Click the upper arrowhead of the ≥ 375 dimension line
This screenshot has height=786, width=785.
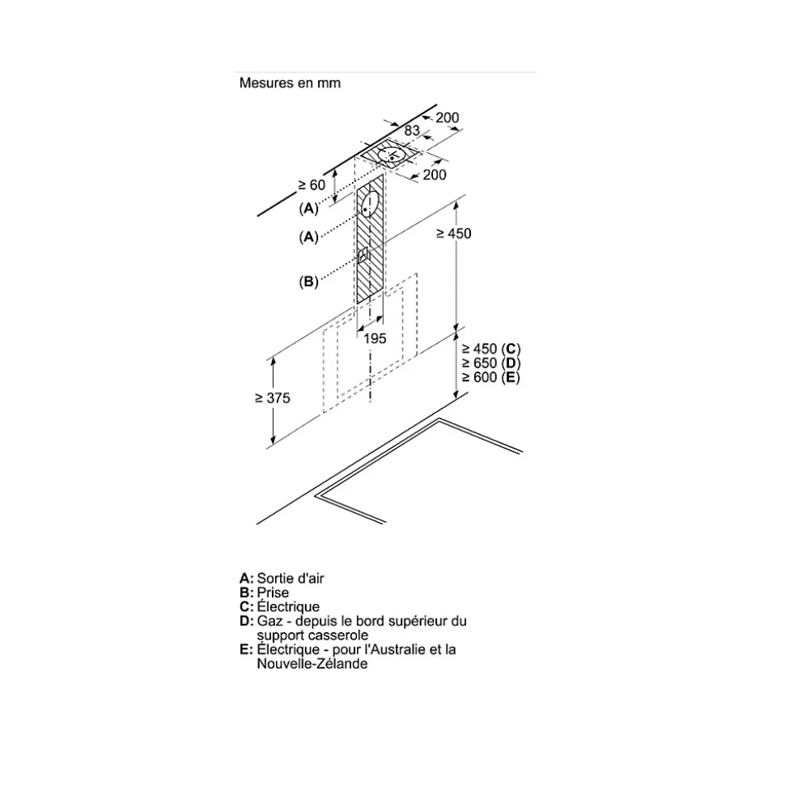(274, 363)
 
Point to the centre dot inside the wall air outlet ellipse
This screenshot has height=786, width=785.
(367, 210)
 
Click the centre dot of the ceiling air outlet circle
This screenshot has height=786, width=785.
(391, 158)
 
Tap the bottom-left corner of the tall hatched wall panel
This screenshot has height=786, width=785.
(357, 304)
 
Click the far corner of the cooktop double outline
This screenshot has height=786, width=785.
(439, 419)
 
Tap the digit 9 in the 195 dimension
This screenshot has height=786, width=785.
(375, 338)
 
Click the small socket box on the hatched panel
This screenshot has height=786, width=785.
(363, 255)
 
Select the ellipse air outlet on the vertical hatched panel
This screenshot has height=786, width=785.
(371, 205)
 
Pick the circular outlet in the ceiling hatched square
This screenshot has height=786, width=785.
(392, 155)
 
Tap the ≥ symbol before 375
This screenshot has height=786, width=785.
(259, 398)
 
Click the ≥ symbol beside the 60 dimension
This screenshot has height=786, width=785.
(302, 185)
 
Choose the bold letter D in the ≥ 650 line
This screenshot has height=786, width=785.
(511, 363)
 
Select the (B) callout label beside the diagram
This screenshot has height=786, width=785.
(308, 282)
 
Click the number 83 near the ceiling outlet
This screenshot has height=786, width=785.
(412, 130)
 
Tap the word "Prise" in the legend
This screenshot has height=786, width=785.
(273, 593)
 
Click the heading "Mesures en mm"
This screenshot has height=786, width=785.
(290, 83)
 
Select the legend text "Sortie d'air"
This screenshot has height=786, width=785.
(291, 579)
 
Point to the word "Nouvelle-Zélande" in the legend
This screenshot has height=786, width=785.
(312, 664)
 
